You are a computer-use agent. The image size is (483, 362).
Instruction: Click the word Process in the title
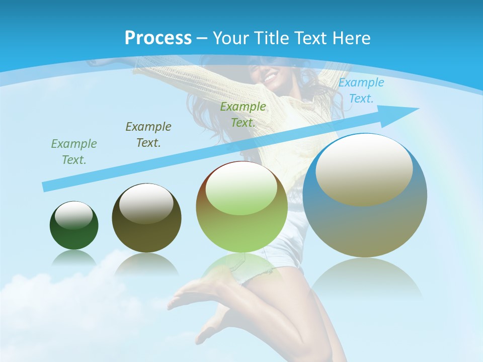(x=158, y=38)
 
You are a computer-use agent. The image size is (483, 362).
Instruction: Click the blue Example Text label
(x=361, y=90)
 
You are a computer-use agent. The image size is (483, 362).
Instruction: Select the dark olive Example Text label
(x=148, y=134)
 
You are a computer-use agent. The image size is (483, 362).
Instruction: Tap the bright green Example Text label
(x=243, y=114)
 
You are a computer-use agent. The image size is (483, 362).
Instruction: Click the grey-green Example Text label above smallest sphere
(x=74, y=151)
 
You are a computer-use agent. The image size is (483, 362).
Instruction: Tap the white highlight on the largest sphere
(x=364, y=168)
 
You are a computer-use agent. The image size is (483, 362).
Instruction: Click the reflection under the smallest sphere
(x=74, y=257)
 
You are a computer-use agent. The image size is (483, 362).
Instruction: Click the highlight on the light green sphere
(x=242, y=189)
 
